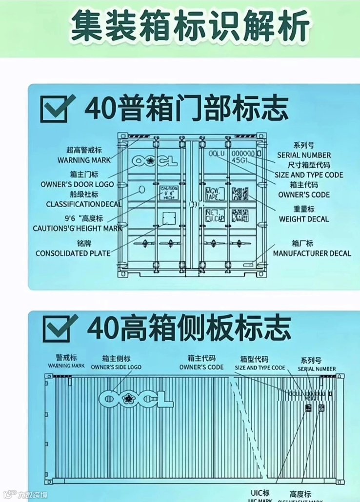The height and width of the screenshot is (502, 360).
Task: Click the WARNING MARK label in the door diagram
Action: pos(83,160)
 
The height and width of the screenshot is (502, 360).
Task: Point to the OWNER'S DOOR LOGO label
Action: pos(77,184)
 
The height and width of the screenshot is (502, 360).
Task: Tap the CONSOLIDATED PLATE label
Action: pos(73,253)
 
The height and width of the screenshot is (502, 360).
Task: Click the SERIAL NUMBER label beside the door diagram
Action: pos(304,155)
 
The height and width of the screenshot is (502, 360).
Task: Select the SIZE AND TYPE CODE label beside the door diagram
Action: pos(309,175)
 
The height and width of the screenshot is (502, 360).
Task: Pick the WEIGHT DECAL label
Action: pos(303,219)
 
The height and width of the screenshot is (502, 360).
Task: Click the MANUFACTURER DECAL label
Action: pos(312,253)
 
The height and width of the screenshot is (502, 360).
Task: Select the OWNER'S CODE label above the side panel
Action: pos(201,367)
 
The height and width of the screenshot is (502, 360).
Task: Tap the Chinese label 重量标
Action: pos(303,209)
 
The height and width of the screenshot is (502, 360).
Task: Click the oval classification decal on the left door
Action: pos(142,189)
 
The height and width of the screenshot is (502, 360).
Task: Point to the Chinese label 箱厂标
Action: pos(302,243)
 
